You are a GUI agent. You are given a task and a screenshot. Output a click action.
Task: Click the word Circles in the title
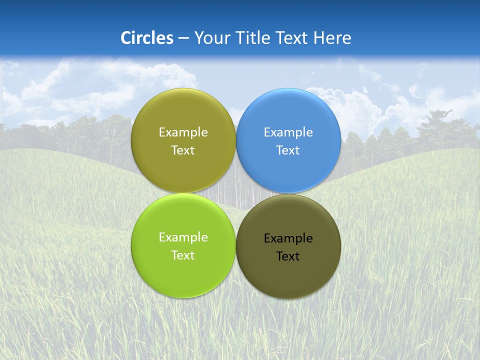click(147, 38)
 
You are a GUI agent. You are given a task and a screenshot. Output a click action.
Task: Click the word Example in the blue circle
click(288, 132)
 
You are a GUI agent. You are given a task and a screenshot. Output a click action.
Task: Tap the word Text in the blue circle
click(288, 150)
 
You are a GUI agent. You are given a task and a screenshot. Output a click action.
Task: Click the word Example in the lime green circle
click(183, 237)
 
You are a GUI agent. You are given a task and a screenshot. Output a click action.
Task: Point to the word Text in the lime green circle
click(183, 255)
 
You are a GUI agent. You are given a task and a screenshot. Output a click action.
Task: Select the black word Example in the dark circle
click(288, 238)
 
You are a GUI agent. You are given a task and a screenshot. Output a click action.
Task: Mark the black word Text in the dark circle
click(288, 256)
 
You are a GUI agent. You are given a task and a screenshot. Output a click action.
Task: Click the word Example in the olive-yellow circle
click(183, 132)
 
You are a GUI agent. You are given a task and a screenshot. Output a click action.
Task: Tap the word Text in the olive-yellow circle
click(183, 150)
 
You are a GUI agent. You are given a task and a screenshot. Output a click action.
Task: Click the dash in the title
click(183, 38)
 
